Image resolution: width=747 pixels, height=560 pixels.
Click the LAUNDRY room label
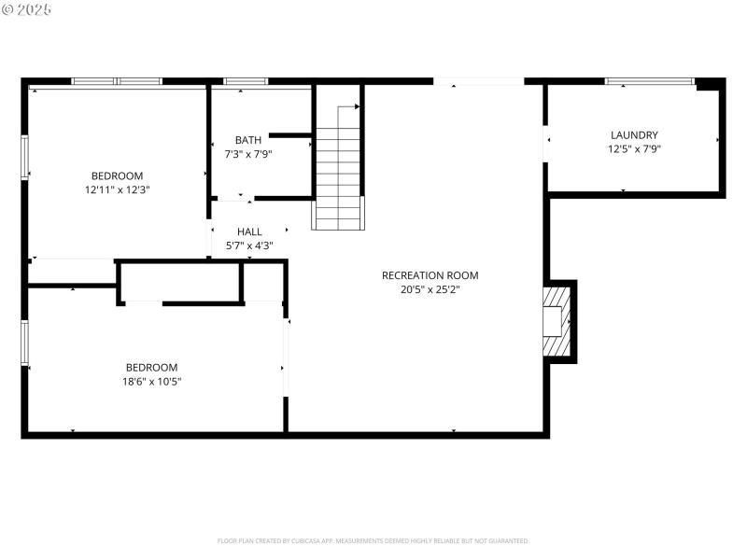pyautogui.click(x=634, y=135)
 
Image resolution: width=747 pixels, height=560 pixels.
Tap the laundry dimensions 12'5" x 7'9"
pyautogui.click(x=634, y=149)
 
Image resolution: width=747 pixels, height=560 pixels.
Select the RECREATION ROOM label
pyautogui.click(x=430, y=275)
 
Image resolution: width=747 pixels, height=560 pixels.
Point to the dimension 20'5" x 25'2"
pyautogui.click(x=430, y=289)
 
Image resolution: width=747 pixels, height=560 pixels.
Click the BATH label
pyautogui.click(x=247, y=141)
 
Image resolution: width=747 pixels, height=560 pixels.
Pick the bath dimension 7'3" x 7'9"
pyautogui.click(x=247, y=155)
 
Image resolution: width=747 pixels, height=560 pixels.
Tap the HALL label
pyautogui.click(x=249, y=231)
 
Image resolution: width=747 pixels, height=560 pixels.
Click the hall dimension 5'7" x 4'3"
pyautogui.click(x=249, y=246)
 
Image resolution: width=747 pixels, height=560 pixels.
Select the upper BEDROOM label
pyautogui.click(x=117, y=176)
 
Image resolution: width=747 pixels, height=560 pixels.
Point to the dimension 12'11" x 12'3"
pyautogui.click(x=117, y=189)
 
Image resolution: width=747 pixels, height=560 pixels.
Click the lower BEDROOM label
pyautogui.click(x=151, y=368)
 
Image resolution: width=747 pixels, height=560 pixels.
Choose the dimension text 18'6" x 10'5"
pyautogui.click(x=151, y=381)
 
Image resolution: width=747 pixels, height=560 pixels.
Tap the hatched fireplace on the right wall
pyautogui.click(x=557, y=322)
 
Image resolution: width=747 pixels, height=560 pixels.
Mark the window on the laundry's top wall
pyautogui.click(x=649, y=82)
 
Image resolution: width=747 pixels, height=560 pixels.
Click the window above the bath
pyautogui.click(x=246, y=82)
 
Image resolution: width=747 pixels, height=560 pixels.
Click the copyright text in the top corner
pyautogui.click(x=26, y=8)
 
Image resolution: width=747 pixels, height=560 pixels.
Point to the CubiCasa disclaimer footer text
pyautogui.click(x=373, y=540)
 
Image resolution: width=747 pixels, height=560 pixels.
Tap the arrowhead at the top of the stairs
pyautogui.click(x=357, y=107)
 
